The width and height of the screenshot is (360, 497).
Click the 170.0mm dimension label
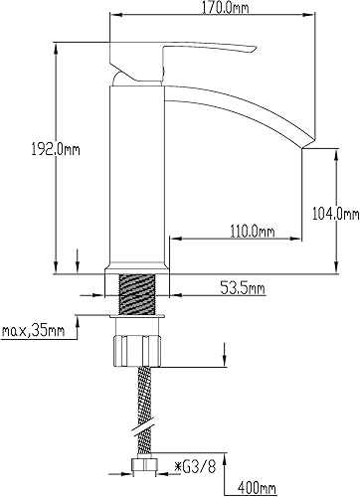(225, 8)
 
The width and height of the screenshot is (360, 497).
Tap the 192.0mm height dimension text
(56, 150)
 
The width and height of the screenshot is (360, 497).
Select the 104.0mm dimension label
(336, 214)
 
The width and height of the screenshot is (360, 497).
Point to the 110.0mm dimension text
(253, 231)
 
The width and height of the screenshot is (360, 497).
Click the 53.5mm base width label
(243, 287)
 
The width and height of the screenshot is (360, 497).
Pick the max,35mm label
(33, 330)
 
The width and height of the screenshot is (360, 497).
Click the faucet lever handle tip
(256, 49)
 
